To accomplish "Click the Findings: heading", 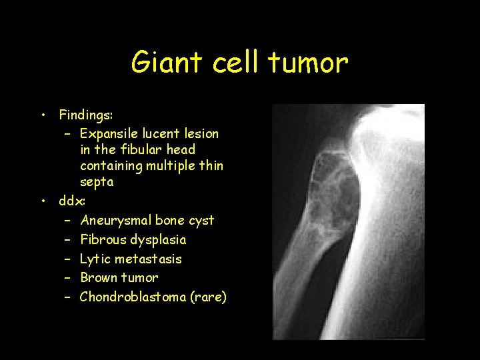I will click(x=86, y=115).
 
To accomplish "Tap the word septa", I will click(x=97, y=182).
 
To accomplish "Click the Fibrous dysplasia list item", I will click(x=133, y=239).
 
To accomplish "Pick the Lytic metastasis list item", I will click(x=131, y=259).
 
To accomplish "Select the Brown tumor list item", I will click(x=119, y=277).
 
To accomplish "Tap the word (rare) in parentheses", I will click(x=209, y=297).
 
